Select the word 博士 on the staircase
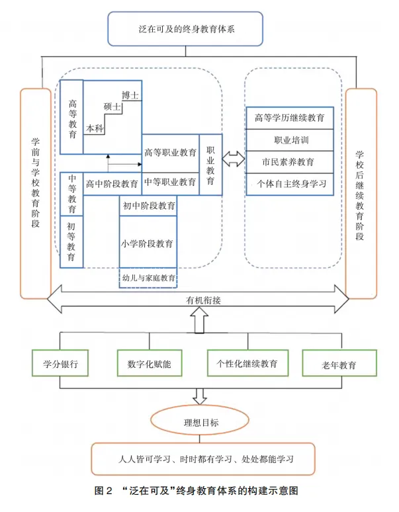pyautogui.click(x=130, y=95)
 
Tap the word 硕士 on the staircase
pyautogui.click(x=112, y=107)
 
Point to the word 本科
pyautogui.click(x=95, y=128)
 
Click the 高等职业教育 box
pyautogui.click(x=170, y=153)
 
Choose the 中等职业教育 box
pyautogui.click(x=170, y=182)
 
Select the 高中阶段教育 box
pyautogui.click(x=112, y=183)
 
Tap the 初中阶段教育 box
pyautogui.click(x=149, y=206)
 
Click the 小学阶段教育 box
pyautogui.click(x=149, y=243)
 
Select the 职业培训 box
pyautogui.click(x=290, y=140)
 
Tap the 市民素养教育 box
pyautogui.click(x=290, y=162)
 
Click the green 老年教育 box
pyautogui.click(x=339, y=364)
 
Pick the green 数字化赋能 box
pyautogui.click(x=150, y=364)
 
